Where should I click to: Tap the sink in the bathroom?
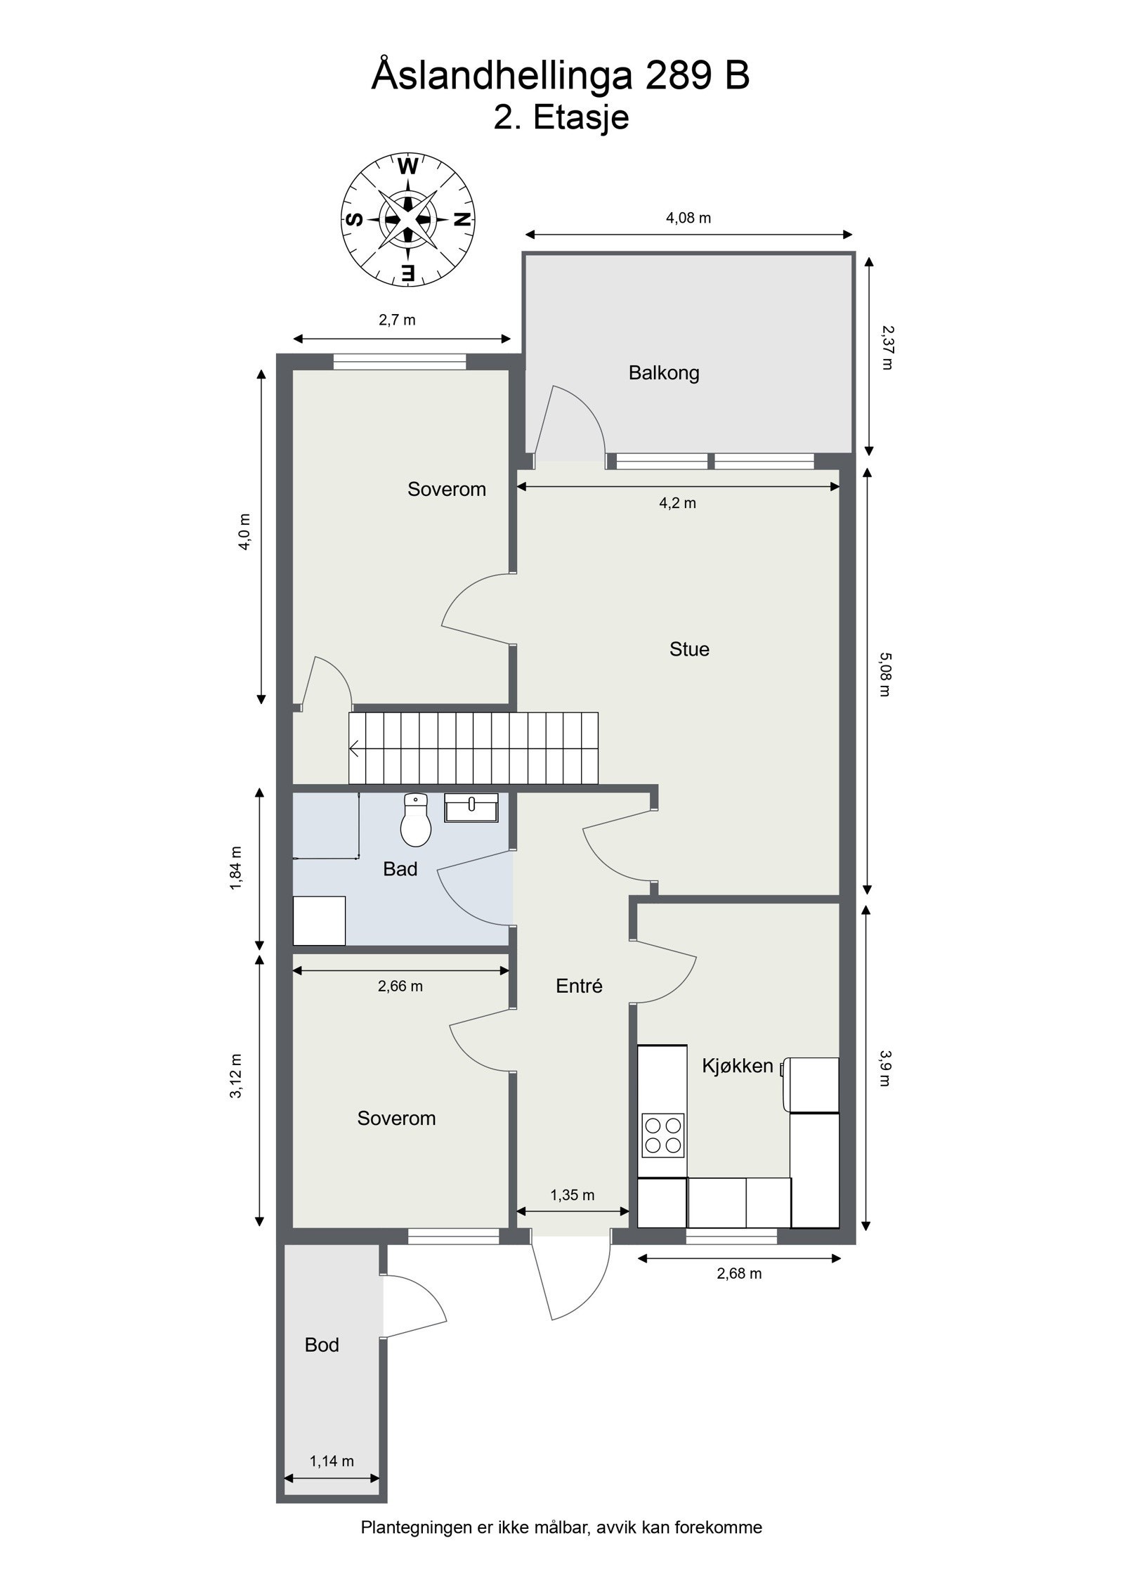[x=471, y=807]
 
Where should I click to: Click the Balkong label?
[x=664, y=372]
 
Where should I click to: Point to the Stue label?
[x=689, y=649]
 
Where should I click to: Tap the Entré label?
[x=579, y=986]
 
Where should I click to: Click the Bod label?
[x=322, y=1345]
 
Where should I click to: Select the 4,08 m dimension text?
[x=688, y=218]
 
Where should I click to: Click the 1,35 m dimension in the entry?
[x=573, y=1195]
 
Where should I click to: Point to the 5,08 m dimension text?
[x=885, y=674]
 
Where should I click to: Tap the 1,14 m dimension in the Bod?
[x=332, y=1461]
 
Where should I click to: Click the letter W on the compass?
[x=408, y=167]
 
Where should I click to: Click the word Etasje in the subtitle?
[x=581, y=117]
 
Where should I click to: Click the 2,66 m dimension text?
[x=400, y=986]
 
